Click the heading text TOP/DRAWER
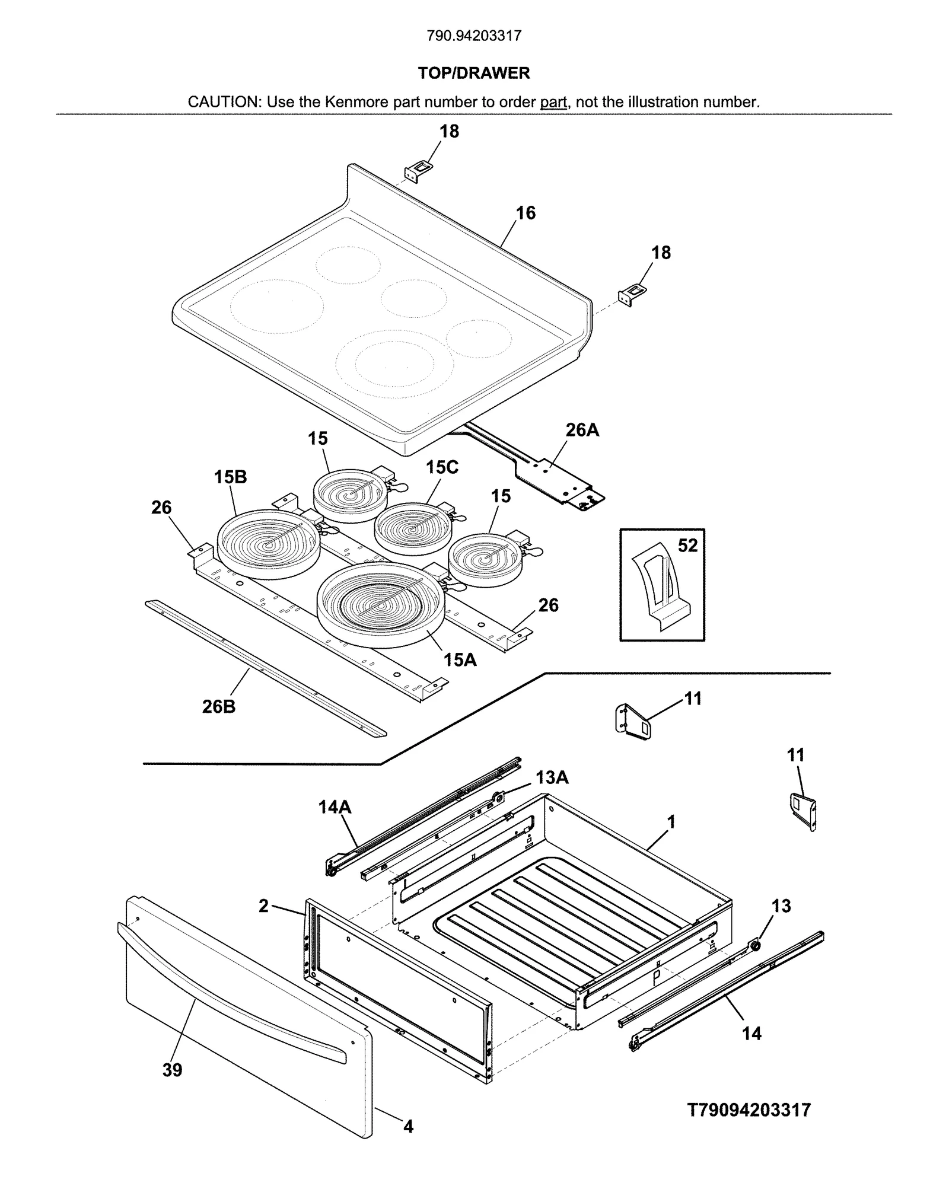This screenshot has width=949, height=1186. click(474, 73)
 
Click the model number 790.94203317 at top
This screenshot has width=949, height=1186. click(474, 36)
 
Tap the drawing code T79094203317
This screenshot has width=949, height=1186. click(749, 1110)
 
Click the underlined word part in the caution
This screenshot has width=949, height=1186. click(553, 102)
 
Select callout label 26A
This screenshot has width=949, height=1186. click(582, 430)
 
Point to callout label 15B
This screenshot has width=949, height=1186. click(230, 477)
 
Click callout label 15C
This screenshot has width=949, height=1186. click(442, 467)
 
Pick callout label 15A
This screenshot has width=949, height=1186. click(460, 659)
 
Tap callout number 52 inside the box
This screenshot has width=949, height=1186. click(687, 545)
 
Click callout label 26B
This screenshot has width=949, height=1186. click(218, 706)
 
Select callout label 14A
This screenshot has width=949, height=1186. click(335, 806)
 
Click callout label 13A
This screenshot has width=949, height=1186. click(552, 777)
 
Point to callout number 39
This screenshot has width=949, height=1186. click(172, 1070)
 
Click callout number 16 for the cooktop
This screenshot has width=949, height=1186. click(526, 213)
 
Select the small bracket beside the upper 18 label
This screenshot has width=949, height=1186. click(417, 171)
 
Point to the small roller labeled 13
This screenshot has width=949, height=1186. click(756, 945)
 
